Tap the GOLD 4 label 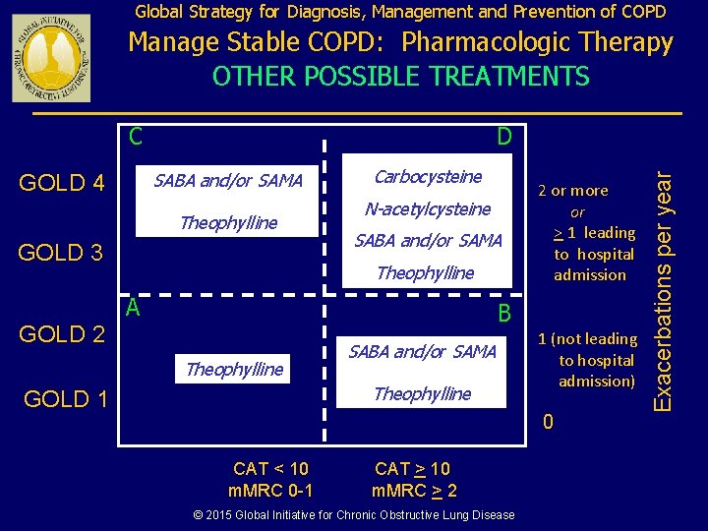pyautogui.click(x=63, y=183)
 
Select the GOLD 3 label pyautogui.click(x=61, y=253)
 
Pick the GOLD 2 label pyautogui.click(x=63, y=334)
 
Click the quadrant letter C pyautogui.click(x=136, y=137)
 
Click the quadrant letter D pyautogui.click(x=503, y=137)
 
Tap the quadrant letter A pyautogui.click(x=132, y=308)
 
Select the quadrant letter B pyautogui.click(x=503, y=314)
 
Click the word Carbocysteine pyautogui.click(x=429, y=177)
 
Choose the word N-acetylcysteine pyautogui.click(x=428, y=208)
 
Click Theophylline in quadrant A pyautogui.click(x=234, y=369)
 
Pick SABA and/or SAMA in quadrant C pyautogui.click(x=229, y=180)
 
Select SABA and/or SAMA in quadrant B pyautogui.click(x=423, y=351)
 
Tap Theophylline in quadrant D pyautogui.click(x=426, y=272)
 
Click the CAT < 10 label pyautogui.click(x=270, y=469)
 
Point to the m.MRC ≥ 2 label pyautogui.click(x=414, y=491)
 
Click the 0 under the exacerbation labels pyautogui.click(x=549, y=422)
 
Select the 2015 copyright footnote pyautogui.click(x=353, y=514)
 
